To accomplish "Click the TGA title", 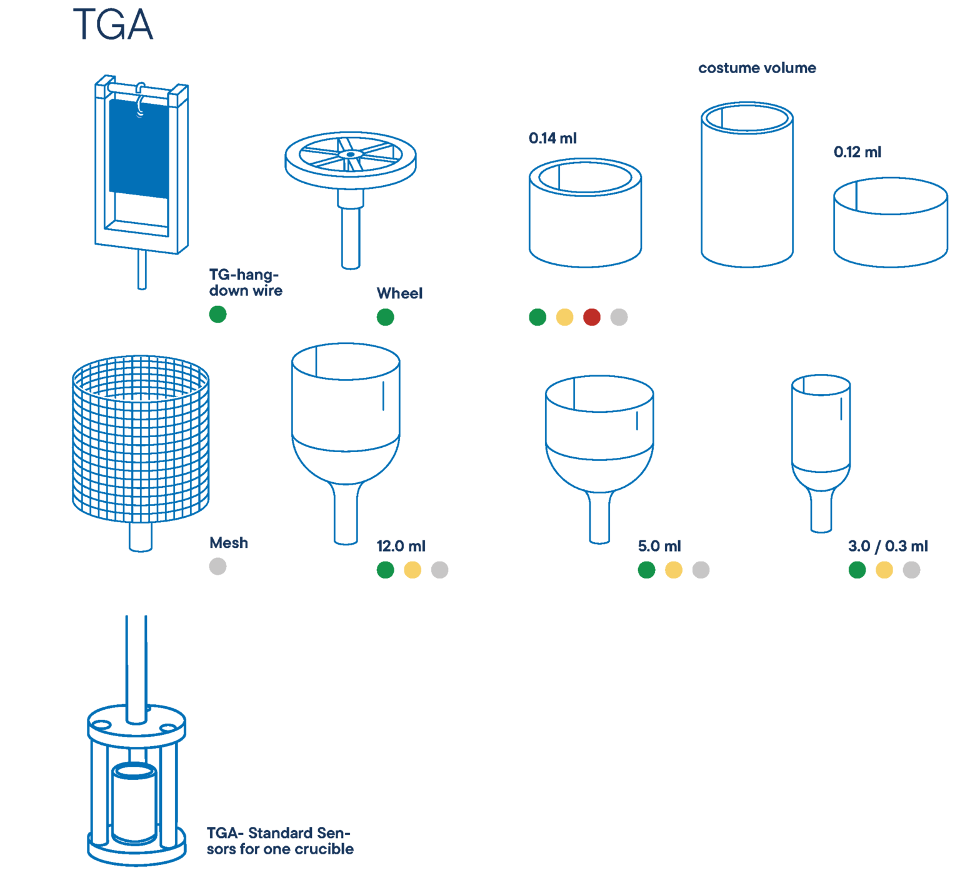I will [113, 25].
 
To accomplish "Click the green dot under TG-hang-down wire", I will [217, 314].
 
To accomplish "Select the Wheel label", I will [399, 293].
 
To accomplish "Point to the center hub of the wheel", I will [351, 154].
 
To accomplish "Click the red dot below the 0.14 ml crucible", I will [591, 317].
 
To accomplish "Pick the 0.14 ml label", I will [552, 138].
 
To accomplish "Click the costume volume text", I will [757, 68].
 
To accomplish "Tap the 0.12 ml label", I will [857, 152].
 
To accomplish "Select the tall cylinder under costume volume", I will [747, 194].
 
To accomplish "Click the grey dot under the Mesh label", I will [217, 567].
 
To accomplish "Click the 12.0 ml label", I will [401, 546].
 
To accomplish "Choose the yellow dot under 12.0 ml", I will [412, 570].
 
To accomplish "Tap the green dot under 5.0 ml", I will [646, 570].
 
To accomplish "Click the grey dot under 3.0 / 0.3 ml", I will [911, 570].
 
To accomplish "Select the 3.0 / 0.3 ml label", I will [887, 546].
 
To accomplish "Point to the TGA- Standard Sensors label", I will [280, 841].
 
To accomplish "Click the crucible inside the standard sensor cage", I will [134, 804].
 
